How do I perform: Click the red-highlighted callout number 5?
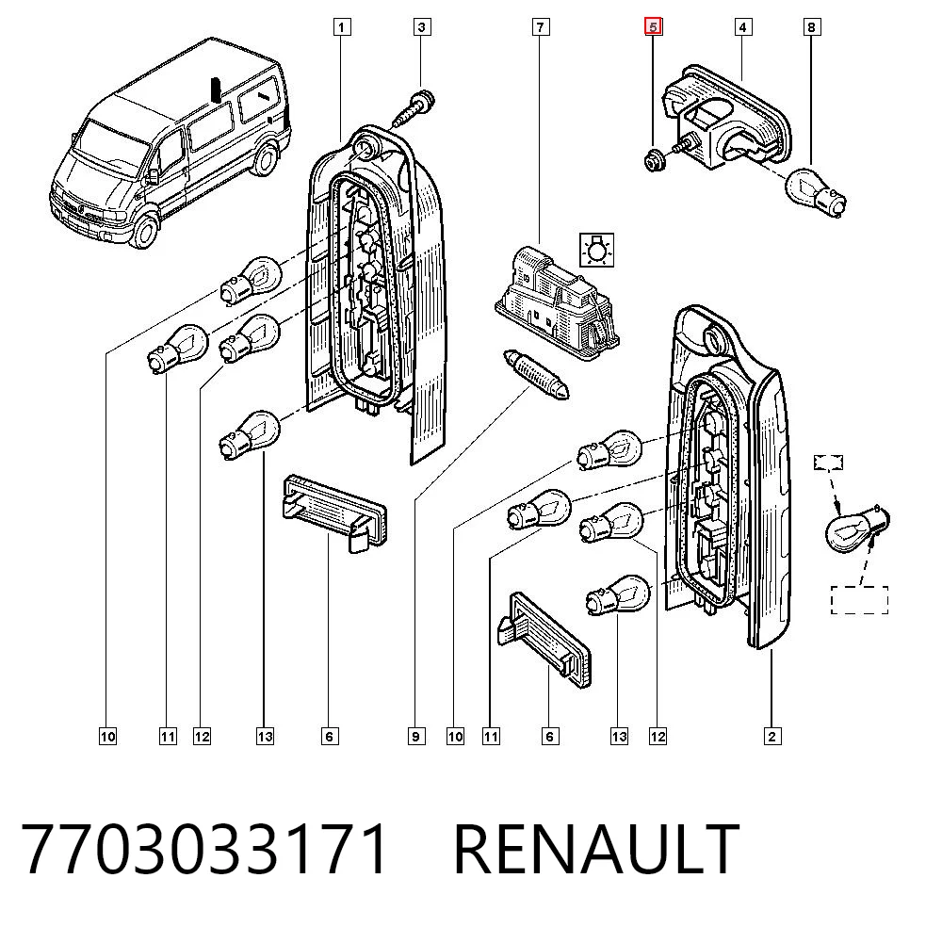point(653,26)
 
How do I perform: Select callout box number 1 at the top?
point(342,27)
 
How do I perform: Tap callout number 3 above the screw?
point(422,27)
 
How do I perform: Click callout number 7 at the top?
point(541,27)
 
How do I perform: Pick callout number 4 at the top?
point(743,27)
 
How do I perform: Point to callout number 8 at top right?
point(812,27)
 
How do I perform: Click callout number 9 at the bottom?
point(415,737)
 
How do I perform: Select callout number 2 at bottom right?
point(772,737)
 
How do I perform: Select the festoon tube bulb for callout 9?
point(536,374)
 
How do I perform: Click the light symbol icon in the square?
point(596,250)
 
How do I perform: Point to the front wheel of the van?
point(144,229)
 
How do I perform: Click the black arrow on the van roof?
point(215,89)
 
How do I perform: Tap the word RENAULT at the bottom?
point(595,850)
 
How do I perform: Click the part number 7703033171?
point(204,850)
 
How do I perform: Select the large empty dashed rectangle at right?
point(859,599)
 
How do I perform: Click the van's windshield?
point(112,145)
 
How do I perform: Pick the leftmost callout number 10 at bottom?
point(107,737)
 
